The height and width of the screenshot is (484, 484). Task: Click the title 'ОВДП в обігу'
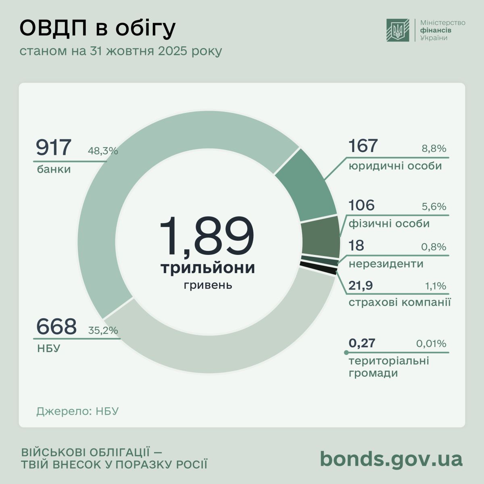click(98, 29)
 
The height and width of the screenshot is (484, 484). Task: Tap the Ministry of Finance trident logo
click(398, 30)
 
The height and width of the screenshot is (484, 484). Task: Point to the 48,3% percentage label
click(103, 151)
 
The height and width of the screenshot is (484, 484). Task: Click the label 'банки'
click(54, 169)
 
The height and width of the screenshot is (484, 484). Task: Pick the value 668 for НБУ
click(56, 327)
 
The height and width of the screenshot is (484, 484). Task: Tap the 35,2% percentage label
click(103, 331)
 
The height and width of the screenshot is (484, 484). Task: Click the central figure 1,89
click(207, 237)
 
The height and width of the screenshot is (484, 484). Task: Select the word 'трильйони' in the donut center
click(208, 268)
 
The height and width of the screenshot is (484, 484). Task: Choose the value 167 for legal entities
click(363, 146)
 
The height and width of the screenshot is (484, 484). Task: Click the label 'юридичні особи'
click(395, 166)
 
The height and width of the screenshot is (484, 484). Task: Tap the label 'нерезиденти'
click(386, 264)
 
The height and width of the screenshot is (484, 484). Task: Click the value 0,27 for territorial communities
click(362, 343)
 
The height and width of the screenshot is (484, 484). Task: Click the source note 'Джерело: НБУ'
click(77, 411)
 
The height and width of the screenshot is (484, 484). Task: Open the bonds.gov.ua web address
click(391, 459)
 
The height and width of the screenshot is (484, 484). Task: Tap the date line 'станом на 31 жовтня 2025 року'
click(121, 52)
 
